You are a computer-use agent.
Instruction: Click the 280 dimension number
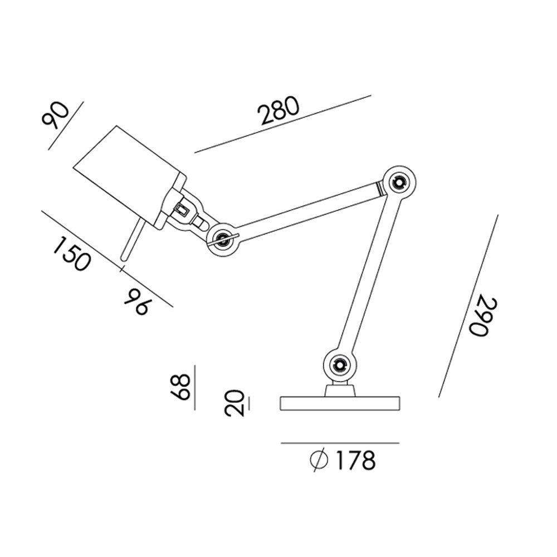[x=278, y=111]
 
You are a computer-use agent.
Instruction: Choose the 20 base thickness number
[x=234, y=402]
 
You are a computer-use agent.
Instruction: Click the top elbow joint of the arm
[x=399, y=182]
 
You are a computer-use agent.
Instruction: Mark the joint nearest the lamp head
[x=222, y=239]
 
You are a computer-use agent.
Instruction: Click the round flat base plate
[x=340, y=404]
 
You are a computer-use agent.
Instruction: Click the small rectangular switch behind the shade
[x=181, y=210]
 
